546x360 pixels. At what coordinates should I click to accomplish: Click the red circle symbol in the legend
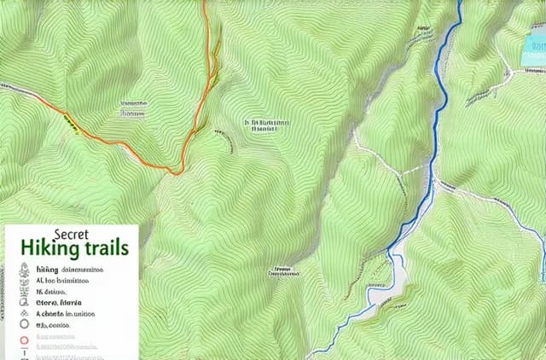coord(24,340)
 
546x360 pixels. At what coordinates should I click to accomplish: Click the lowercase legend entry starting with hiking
coord(48,269)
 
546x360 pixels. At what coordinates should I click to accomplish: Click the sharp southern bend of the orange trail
coord(177,172)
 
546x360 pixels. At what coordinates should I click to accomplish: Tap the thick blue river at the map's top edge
coord(460,7)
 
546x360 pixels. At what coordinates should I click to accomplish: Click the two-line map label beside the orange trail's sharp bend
coord(267,127)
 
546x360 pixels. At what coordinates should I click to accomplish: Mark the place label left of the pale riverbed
coord(285,272)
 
